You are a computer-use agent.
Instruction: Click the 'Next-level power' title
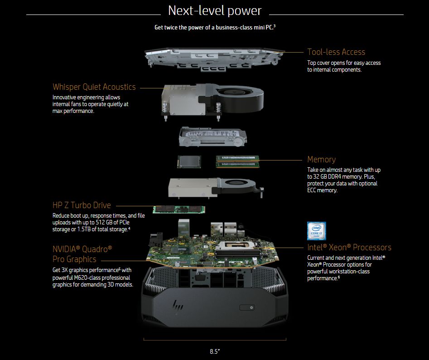215,11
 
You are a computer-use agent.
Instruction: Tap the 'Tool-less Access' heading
336,52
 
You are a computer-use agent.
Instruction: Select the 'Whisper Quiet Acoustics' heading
94,87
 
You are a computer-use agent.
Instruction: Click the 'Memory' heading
321,159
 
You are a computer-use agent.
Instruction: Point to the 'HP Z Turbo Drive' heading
82,205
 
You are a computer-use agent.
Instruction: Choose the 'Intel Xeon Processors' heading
349,247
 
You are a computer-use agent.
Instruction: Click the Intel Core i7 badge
317,231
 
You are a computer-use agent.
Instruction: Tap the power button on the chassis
247,307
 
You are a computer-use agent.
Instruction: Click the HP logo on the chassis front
178,305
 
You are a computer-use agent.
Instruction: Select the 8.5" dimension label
215,351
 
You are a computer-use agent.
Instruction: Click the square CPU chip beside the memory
189,161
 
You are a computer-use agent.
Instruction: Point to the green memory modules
237,161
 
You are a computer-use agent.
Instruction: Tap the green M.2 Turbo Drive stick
179,209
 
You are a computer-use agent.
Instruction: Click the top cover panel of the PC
215,59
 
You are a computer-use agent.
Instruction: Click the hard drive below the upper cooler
213,136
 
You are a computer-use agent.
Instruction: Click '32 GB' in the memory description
320,176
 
